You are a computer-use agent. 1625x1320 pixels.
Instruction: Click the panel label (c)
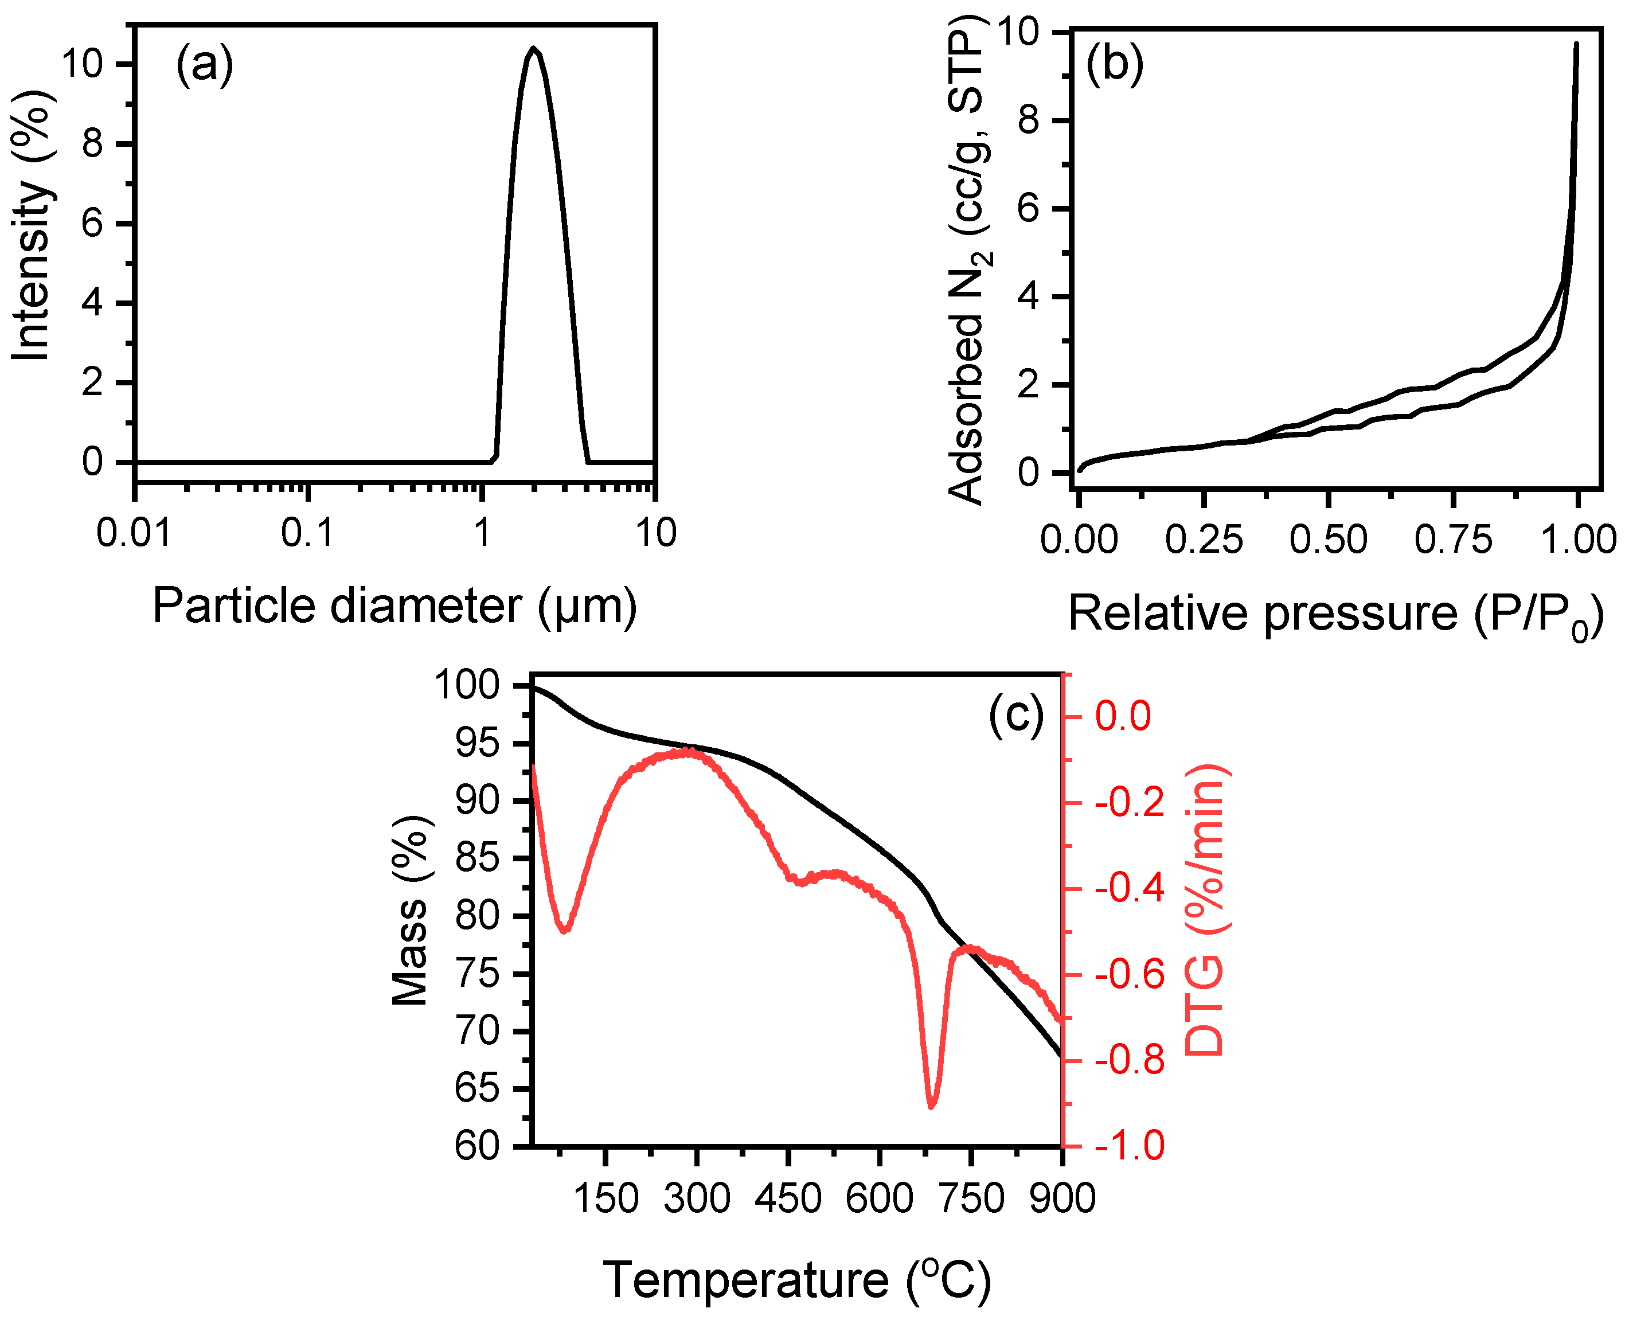1016,714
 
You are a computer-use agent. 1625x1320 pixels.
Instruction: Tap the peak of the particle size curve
534,49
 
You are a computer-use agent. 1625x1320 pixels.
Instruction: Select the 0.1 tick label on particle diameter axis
307,533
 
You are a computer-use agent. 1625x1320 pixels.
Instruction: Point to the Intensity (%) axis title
32,226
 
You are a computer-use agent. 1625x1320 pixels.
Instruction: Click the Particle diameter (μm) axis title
394,606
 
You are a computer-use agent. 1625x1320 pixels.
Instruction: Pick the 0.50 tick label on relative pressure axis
1329,539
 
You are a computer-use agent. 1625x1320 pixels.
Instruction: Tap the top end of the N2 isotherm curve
1576,44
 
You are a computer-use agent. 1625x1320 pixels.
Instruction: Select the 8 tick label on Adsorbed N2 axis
1028,120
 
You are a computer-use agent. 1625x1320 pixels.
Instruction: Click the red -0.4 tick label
1129,888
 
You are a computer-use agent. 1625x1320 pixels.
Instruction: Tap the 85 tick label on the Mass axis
477,858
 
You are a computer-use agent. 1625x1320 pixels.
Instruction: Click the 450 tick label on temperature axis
788,1198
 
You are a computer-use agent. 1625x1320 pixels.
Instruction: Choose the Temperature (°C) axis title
797,1280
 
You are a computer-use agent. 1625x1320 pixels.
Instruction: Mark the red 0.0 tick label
1123,716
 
